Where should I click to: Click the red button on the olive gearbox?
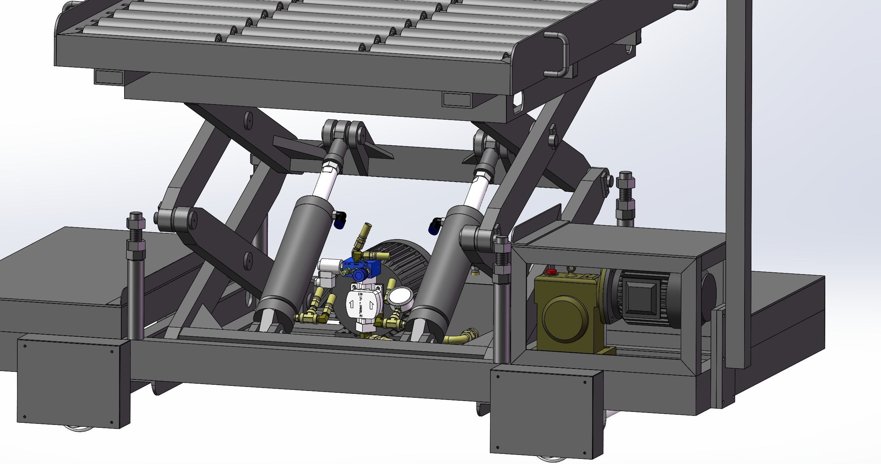click(551, 271)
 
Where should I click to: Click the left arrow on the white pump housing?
click(351, 305)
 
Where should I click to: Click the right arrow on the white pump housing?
click(371, 306)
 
